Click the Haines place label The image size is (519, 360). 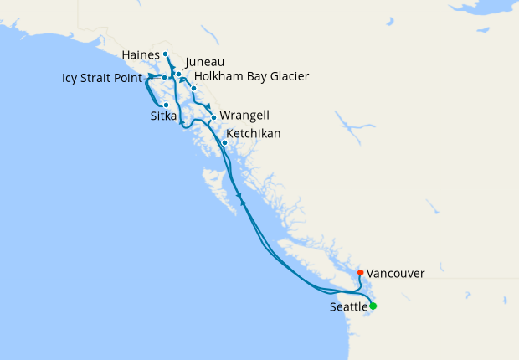click(140, 54)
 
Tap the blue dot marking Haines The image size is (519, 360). click(166, 54)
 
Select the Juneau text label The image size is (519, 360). click(205, 62)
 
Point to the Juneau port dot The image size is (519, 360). click(179, 75)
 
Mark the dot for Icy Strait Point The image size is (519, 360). click(165, 78)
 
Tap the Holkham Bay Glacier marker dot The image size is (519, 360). click(193, 88)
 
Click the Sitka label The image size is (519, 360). click(163, 116)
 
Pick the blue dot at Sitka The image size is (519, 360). click(167, 105)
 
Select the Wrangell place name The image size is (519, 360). click(244, 116)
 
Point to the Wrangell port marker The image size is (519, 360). click(214, 117)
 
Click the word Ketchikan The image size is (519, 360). click(254, 133)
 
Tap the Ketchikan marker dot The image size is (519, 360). click(224, 142)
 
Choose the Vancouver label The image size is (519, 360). click(395, 273)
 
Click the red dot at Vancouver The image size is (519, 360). click(360, 272)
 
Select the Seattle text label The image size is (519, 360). click(348, 307)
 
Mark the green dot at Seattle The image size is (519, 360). click(373, 306)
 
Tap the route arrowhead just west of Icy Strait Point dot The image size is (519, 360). click(153, 78)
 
